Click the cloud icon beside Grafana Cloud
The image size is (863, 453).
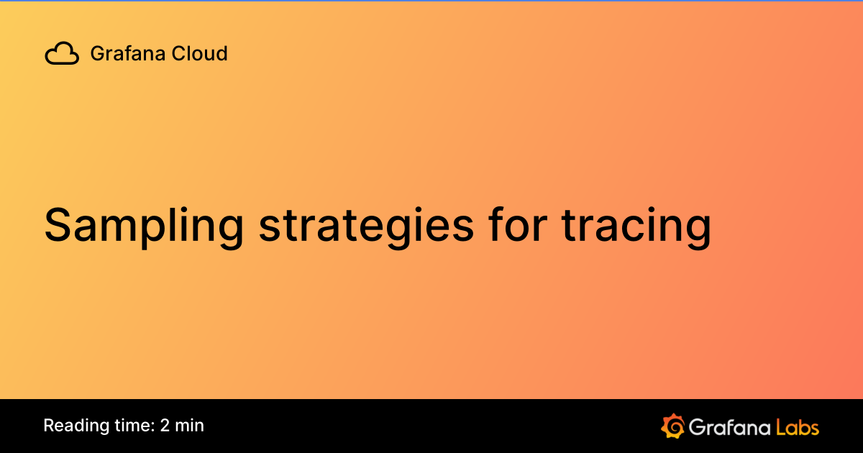[62, 54]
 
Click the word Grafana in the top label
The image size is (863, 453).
[124, 53]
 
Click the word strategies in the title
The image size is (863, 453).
[366, 226]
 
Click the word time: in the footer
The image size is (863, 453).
[129, 426]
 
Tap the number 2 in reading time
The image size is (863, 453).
[165, 426]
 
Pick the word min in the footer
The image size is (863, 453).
[190, 426]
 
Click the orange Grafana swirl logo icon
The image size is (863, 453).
[672, 426]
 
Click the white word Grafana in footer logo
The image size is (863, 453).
[729, 427]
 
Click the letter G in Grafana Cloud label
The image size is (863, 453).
[97, 53]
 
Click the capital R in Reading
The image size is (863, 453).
[49, 426]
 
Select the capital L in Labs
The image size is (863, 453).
[780, 427]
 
